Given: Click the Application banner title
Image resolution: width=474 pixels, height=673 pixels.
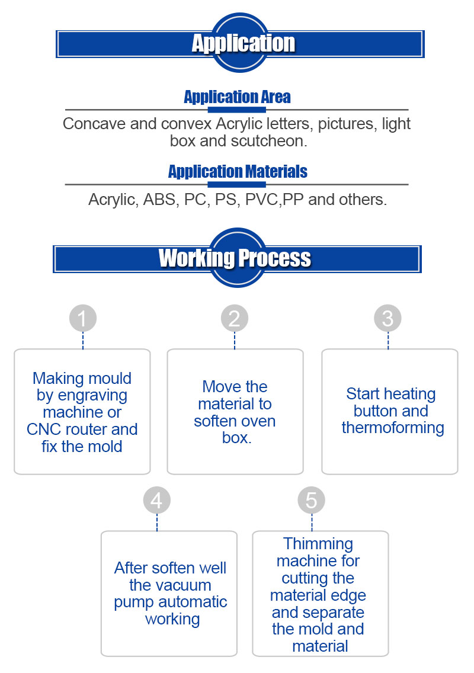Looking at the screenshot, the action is (x=243, y=43).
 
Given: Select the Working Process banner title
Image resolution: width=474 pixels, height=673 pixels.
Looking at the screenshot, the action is (x=235, y=258).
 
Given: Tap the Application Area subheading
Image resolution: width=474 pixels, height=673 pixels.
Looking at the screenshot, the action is (x=237, y=97).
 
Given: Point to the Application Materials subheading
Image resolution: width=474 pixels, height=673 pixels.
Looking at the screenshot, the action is (x=238, y=172).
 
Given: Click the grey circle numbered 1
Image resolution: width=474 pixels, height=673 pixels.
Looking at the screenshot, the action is (x=82, y=319).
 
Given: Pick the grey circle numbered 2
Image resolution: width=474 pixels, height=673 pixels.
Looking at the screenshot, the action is (x=235, y=319).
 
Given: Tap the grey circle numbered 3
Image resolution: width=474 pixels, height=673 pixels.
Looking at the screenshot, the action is (x=387, y=319).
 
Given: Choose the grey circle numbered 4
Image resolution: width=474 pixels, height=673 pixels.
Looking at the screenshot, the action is (x=156, y=501).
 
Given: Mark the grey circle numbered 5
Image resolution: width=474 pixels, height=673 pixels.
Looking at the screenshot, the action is (x=312, y=501).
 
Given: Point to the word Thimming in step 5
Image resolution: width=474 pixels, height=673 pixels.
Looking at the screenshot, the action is (x=318, y=544).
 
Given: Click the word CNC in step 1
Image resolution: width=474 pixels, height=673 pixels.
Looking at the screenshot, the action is (x=43, y=429).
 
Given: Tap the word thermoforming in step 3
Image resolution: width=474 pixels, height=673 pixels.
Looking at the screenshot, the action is (x=393, y=428).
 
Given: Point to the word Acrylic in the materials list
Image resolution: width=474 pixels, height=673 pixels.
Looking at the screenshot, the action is (x=112, y=200).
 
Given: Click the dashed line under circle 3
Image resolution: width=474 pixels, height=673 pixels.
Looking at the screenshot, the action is (x=388, y=341).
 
